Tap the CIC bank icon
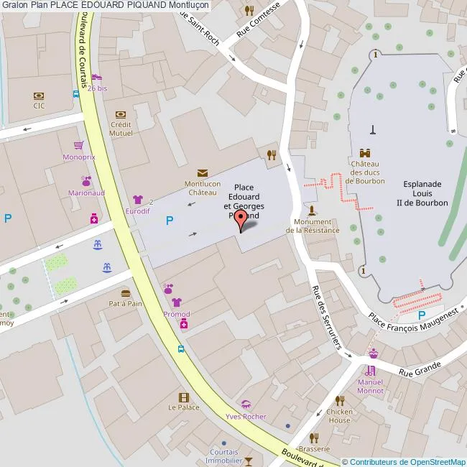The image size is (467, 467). (39, 95)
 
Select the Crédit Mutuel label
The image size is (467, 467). (121, 128)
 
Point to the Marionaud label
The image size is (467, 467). (86, 193)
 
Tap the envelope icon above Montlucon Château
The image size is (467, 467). (202, 172)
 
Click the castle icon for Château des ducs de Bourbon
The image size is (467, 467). (365, 153)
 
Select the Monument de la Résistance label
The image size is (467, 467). (313, 226)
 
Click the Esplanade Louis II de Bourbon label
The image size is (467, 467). (422, 193)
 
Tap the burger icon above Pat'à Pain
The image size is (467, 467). (126, 292)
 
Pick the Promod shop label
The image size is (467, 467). (177, 315)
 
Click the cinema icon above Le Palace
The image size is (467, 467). (184, 397)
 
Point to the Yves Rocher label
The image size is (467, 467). (246, 417)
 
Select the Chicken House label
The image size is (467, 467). (340, 416)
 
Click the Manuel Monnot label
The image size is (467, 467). (370, 387)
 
